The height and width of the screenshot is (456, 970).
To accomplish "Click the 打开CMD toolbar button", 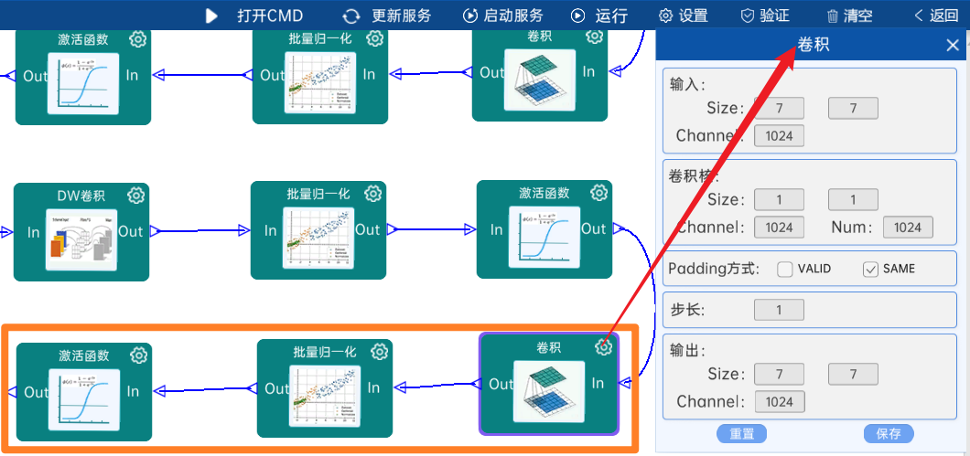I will (254, 16).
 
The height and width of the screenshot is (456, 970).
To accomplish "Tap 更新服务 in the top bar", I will (387, 16).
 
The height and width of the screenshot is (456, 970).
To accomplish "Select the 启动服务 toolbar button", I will (502, 16).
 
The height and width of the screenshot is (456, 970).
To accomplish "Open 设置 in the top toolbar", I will (683, 16).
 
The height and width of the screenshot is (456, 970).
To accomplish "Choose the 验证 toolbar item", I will (764, 16).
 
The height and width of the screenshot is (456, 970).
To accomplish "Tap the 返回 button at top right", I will (936, 16).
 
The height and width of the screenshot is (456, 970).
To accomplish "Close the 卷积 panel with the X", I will (953, 45).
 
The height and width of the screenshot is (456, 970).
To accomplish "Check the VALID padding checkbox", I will (785, 269).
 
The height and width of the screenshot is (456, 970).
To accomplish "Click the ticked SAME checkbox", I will (870, 269).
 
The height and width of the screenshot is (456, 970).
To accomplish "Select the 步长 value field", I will (779, 310).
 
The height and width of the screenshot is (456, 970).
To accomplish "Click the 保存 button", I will (889, 433).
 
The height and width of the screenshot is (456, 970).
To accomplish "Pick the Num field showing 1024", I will (908, 228).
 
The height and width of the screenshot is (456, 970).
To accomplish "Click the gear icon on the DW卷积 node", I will (136, 196).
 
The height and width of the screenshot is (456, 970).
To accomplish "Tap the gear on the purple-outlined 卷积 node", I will (603, 346).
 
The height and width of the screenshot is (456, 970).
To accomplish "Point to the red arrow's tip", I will (793, 50).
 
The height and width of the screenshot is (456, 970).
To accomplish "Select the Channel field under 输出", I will (779, 401).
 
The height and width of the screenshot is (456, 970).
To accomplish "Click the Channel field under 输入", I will (779, 136).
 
